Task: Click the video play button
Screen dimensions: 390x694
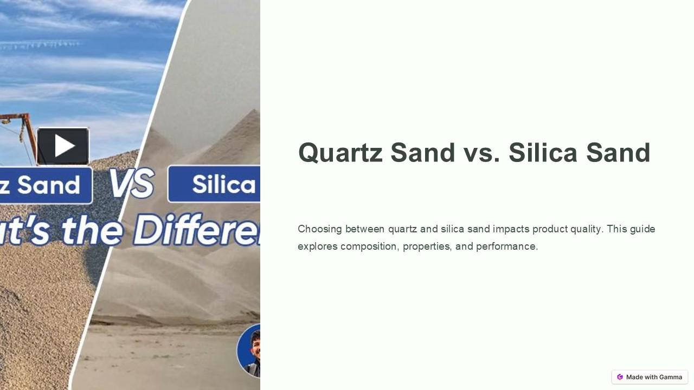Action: click(x=63, y=146)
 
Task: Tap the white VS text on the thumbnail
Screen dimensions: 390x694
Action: click(x=131, y=184)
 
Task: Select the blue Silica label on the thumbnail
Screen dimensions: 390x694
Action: click(x=217, y=184)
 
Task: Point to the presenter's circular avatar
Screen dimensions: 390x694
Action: click(x=250, y=351)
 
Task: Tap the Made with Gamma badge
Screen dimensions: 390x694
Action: click(x=650, y=377)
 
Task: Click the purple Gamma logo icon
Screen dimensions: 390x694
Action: click(x=620, y=377)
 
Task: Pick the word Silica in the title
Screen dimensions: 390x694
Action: click(x=543, y=153)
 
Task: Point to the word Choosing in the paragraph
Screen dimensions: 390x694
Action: click(x=319, y=229)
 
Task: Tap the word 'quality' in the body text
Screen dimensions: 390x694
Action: click(x=586, y=229)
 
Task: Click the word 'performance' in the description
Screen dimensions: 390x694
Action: click(x=506, y=246)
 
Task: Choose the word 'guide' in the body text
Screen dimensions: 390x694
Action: click(x=642, y=229)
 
